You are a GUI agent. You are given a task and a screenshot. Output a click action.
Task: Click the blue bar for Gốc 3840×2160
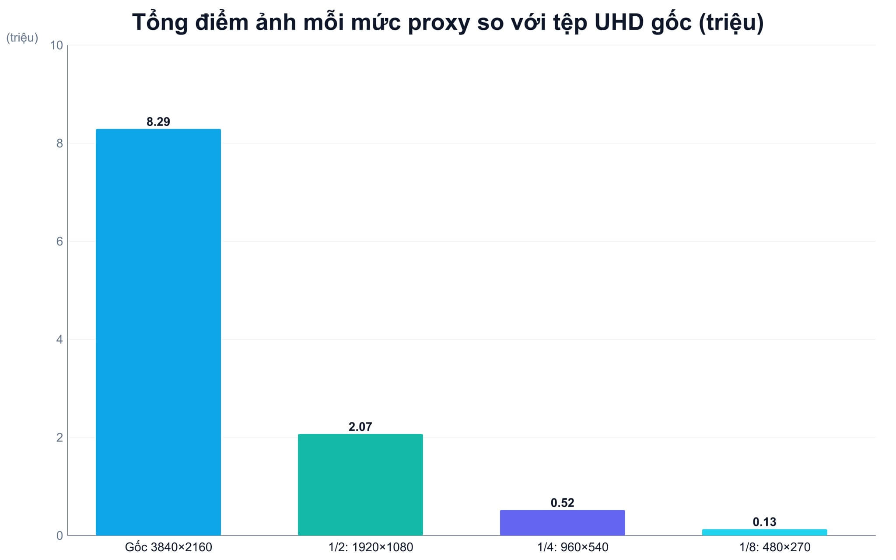point(158,332)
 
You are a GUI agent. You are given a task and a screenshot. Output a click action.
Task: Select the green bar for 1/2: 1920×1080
point(360,485)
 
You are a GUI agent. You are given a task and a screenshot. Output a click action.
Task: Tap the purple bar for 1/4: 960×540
point(563,523)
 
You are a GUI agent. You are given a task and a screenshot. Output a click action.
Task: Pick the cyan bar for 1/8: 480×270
point(765,532)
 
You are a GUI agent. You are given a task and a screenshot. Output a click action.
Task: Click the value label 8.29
point(158,122)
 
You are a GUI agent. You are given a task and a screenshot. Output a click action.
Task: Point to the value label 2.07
point(360,427)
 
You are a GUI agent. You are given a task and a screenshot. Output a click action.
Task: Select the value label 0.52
point(563,503)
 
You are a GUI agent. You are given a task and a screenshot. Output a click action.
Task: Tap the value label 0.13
point(765,522)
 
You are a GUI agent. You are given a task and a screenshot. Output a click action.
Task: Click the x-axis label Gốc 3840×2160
point(168,547)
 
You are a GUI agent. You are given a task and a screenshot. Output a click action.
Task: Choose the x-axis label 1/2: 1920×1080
point(371,547)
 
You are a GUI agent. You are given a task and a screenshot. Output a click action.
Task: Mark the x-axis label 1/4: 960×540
point(573,547)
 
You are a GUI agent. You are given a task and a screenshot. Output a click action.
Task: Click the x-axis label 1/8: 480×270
point(775,547)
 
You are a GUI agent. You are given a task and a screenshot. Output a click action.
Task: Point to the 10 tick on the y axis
point(57,45)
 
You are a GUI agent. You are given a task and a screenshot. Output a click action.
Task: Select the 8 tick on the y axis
point(60,143)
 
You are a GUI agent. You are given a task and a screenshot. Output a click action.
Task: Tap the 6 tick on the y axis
point(60,241)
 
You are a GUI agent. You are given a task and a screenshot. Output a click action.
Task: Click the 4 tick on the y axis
point(60,339)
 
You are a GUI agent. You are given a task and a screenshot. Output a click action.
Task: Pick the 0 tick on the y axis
point(60,535)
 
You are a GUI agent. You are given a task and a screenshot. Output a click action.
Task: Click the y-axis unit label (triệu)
point(22,38)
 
